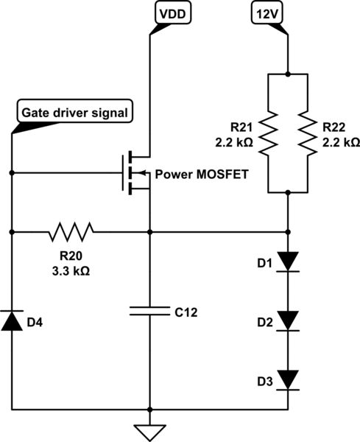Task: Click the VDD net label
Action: [x=170, y=12]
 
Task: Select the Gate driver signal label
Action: [x=74, y=113]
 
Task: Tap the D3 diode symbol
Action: [x=287, y=379]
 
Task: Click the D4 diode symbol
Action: [x=12, y=320]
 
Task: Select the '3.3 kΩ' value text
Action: [x=71, y=269]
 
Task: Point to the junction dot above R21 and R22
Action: [x=287, y=73]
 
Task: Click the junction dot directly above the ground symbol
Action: [x=149, y=409]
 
